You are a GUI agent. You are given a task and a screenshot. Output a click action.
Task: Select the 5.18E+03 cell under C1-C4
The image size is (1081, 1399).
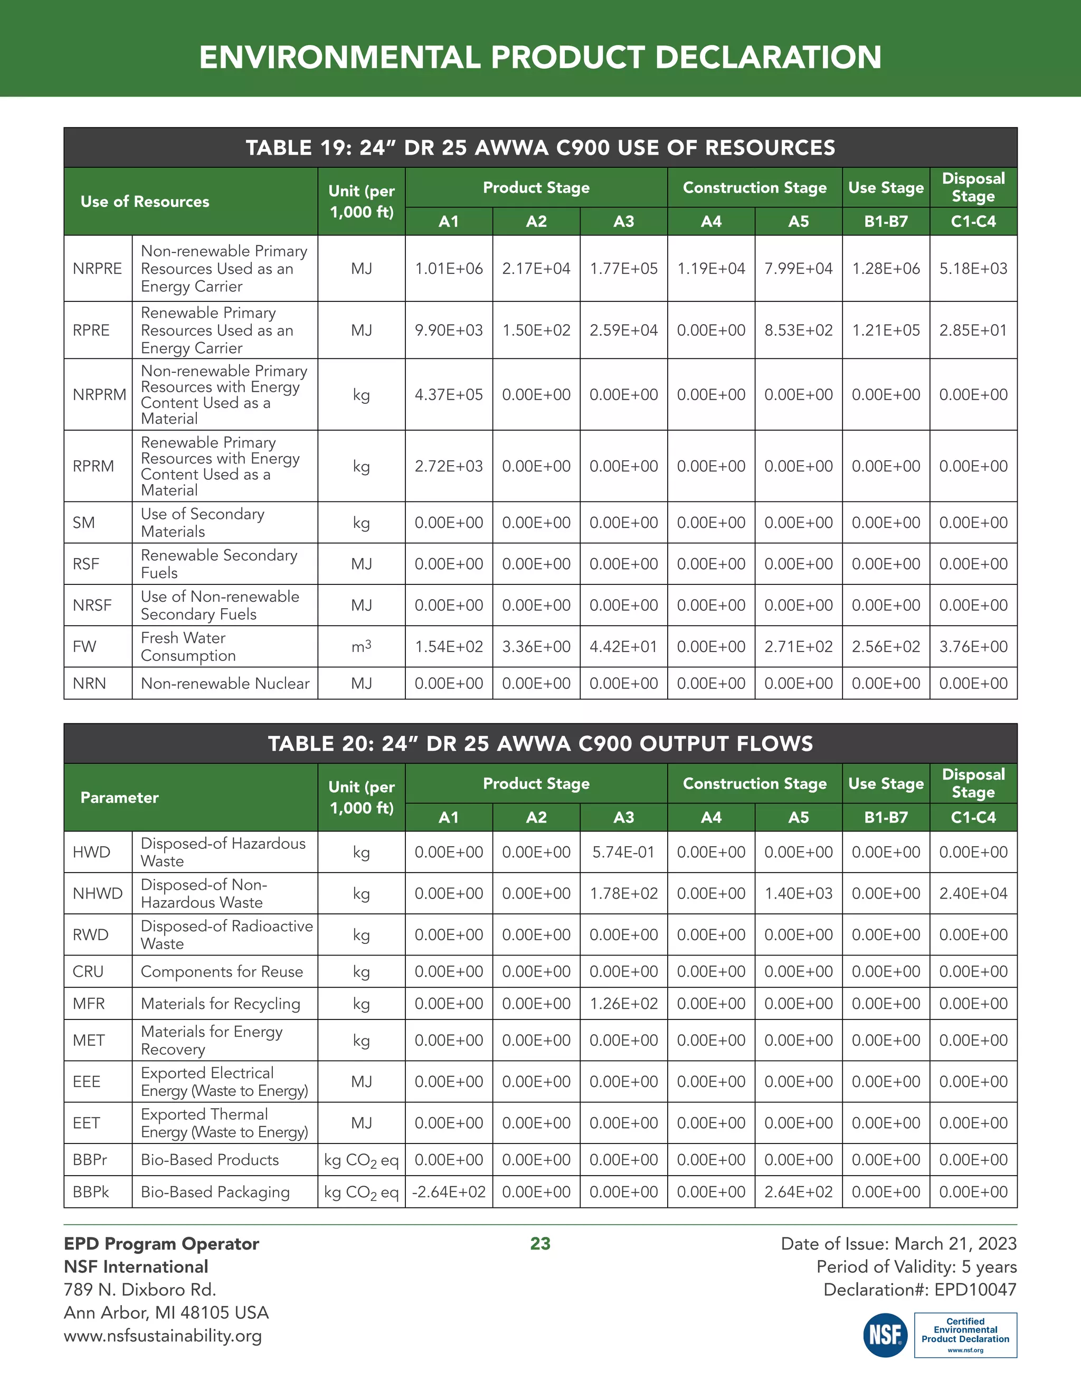pos(973,268)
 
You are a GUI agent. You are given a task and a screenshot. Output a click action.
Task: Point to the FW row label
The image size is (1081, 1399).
pos(84,646)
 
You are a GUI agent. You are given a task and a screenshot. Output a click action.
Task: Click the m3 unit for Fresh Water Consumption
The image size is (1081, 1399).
pos(361,646)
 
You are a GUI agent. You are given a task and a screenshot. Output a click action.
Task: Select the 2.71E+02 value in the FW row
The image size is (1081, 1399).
pos(798,646)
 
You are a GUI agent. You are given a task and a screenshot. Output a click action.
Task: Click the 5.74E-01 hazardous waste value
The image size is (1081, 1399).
pos(623,852)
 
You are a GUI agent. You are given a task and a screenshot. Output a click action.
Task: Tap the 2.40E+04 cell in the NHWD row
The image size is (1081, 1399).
pos(973,893)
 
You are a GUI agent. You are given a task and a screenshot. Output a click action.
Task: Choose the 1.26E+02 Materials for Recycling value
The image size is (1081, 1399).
pos(623,1003)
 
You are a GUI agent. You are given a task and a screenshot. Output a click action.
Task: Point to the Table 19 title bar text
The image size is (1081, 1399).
pos(540,147)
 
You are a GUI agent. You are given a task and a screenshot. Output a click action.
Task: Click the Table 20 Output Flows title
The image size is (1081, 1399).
pos(540,743)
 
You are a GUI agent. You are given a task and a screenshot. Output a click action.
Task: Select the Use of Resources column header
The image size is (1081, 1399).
pos(145,201)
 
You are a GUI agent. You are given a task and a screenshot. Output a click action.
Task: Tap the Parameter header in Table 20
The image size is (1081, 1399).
pos(119,798)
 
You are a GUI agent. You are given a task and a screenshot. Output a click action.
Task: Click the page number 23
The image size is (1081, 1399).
pos(540,1243)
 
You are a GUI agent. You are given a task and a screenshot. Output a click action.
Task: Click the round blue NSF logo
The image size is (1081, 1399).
pos(885,1335)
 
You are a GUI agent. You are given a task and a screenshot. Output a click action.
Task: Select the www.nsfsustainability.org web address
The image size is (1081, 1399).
pos(163,1336)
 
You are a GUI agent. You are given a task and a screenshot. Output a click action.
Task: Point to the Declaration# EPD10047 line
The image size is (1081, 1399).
pos(919,1290)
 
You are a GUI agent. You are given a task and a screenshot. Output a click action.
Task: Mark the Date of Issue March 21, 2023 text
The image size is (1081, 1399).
pos(898,1243)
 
